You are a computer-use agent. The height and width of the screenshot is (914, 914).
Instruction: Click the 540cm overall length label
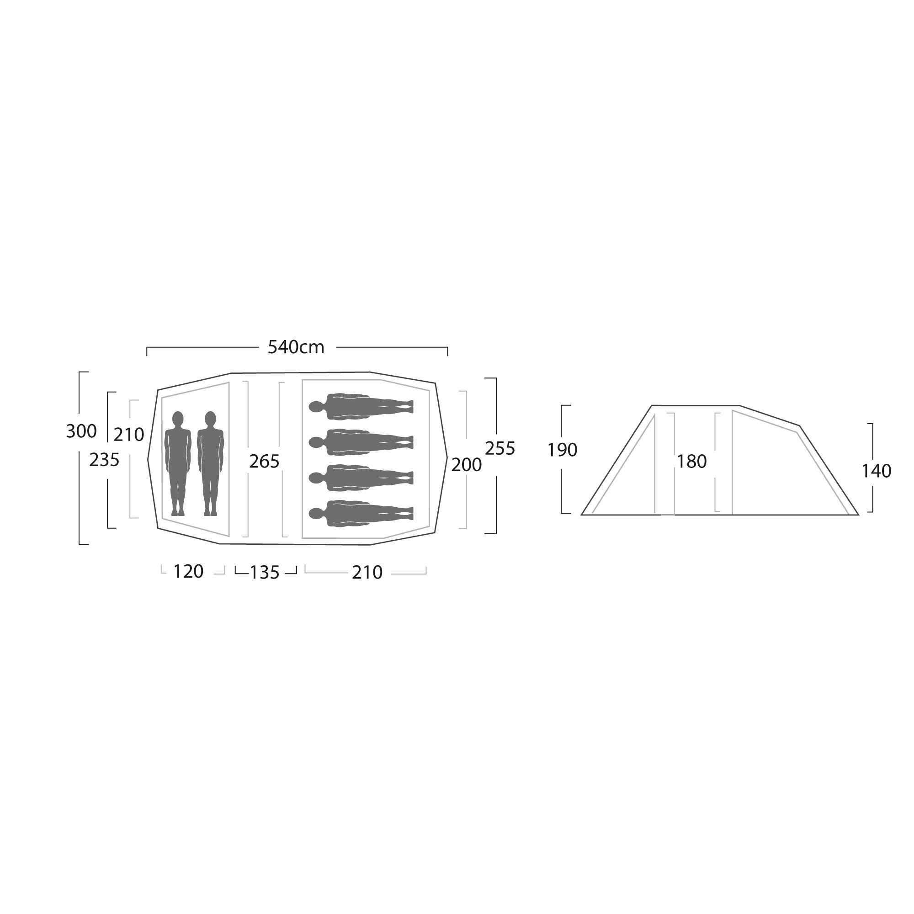pyautogui.click(x=296, y=347)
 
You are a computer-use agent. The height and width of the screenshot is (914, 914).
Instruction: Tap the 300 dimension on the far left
pyautogui.click(x=81, y=431)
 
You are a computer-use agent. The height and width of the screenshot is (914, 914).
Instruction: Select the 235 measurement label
pyautogui.click(x=105, y=459)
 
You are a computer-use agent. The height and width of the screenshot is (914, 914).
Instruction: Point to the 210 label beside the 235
pyautogui.click(x=129, y=434)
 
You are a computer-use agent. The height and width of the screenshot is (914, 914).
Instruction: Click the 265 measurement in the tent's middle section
pyautogui.click(x=265, y=461)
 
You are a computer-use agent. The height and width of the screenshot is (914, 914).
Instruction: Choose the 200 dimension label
pyautogui.click(x=467, y=465)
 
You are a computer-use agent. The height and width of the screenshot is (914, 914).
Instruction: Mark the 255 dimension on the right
pyautogui.click(x=500, y=448)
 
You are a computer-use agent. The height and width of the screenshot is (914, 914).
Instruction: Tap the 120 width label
pyautogui.click(x=188, y=572)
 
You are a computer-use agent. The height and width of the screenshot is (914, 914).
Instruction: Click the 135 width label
pyautogui.click(x=265, y=573)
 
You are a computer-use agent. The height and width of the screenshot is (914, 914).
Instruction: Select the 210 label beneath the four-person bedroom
pyautogui.click(x=367, y=573)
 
